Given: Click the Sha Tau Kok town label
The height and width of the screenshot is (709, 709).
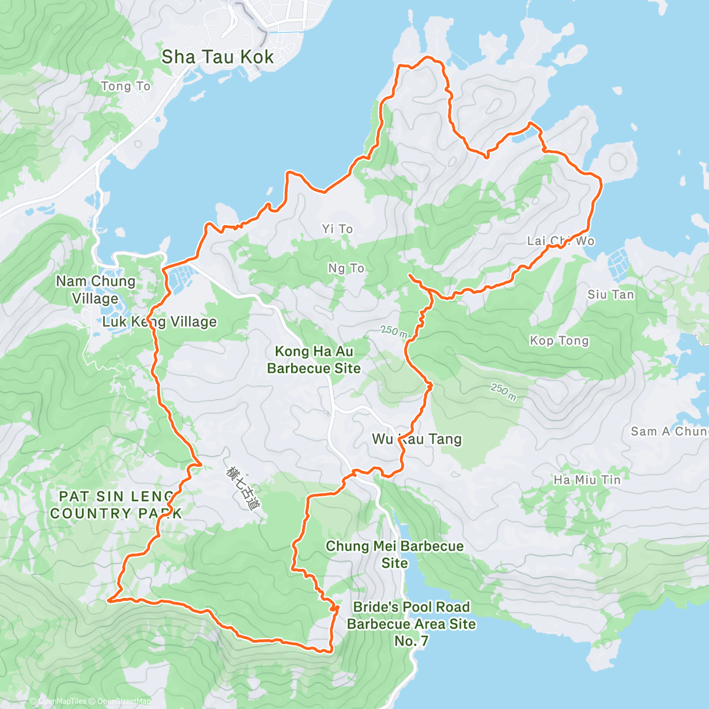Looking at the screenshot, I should pyautogui.click(x=217, y=57).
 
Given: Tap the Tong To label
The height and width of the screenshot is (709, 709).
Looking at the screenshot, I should pyautogui.click(x=125, y=86).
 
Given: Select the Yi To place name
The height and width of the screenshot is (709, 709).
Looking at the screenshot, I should pyautogui.click(x=337, y=229).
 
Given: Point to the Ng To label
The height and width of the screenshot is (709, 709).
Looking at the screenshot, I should pyautogui.click(x=346, y=268).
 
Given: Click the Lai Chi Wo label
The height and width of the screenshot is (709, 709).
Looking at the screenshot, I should pyautogui.click(x=561, y=241).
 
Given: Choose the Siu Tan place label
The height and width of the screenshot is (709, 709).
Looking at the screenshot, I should pyautogui.click(x=610, y=294).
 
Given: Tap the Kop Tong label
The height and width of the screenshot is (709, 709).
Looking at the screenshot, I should pyautogui.click(x=559, y=340).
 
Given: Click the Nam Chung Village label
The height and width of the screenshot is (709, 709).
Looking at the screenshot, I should pyautogui.click(x=96, y=290).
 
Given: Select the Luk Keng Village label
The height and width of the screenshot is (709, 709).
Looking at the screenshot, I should pyautogui.click(x=160, y=322).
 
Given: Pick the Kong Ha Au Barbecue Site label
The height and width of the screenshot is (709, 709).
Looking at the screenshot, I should pyautogui.click(x=314, y=360).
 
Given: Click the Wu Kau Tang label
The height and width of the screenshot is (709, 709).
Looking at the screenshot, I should pyautogui.click(x=417, y=439).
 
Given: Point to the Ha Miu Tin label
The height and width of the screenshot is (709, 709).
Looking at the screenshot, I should pyautogui.click(x=587, y=480).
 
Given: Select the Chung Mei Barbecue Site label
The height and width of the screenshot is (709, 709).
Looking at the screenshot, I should pyautogui.click(x=394, y=554).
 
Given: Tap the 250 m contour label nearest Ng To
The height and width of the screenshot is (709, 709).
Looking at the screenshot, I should pyautogui.click(x=393, y=332).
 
